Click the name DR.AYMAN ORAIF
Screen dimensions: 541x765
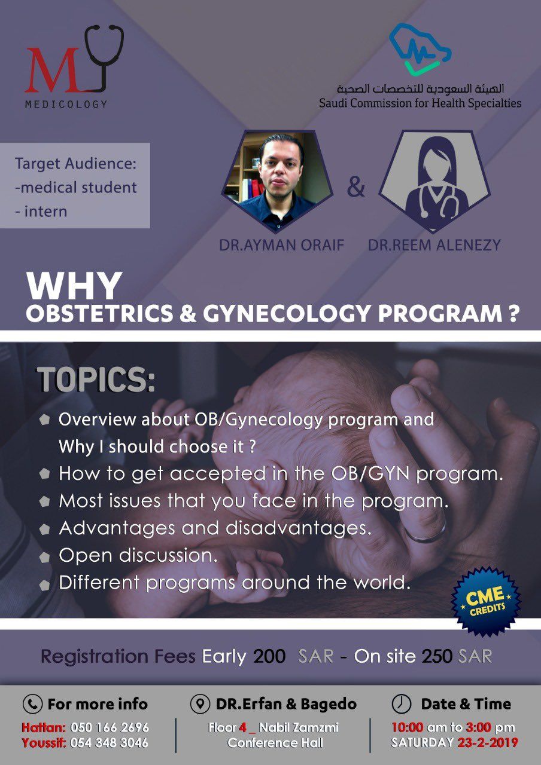click(281, 245)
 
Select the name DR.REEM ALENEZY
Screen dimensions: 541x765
click(434, 245)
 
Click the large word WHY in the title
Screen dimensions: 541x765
click(74, 286)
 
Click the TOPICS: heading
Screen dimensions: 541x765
click(96, 380)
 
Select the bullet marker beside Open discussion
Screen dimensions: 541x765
click(44, 558)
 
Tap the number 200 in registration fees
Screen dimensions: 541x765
click(269, 656)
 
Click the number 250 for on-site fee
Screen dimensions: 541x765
click(437, 656)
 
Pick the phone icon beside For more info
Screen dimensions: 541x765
click(32, 705)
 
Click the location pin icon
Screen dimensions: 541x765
click(200, 704)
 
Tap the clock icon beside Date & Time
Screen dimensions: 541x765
click(401, 704)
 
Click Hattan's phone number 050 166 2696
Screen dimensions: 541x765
click(110, 728)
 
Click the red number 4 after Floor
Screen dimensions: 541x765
click(243, 728)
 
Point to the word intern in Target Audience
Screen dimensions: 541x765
click(45, 212)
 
